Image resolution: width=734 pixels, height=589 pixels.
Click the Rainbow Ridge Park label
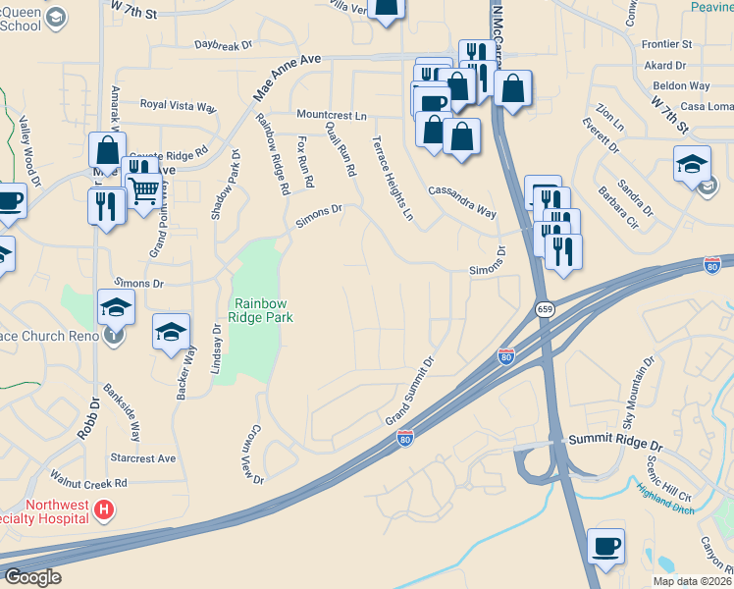[x=263, y=309]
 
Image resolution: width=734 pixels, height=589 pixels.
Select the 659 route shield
[x=545, y=309]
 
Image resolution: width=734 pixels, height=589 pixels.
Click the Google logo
[x=32, y=576]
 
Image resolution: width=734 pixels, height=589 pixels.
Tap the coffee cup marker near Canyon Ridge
[x=605, y=545]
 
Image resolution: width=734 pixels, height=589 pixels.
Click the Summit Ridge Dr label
[x=616, y=447]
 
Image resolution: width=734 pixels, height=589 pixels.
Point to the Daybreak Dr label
[x=223, y=45]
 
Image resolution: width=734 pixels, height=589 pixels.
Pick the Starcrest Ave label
[x=142, y=458]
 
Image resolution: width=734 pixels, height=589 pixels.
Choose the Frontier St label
[x=666, y=45]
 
